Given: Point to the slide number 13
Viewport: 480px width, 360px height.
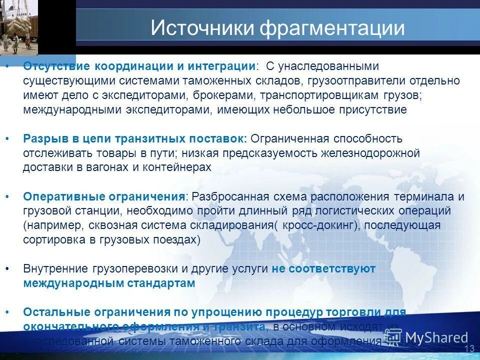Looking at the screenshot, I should tap(469, 348).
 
